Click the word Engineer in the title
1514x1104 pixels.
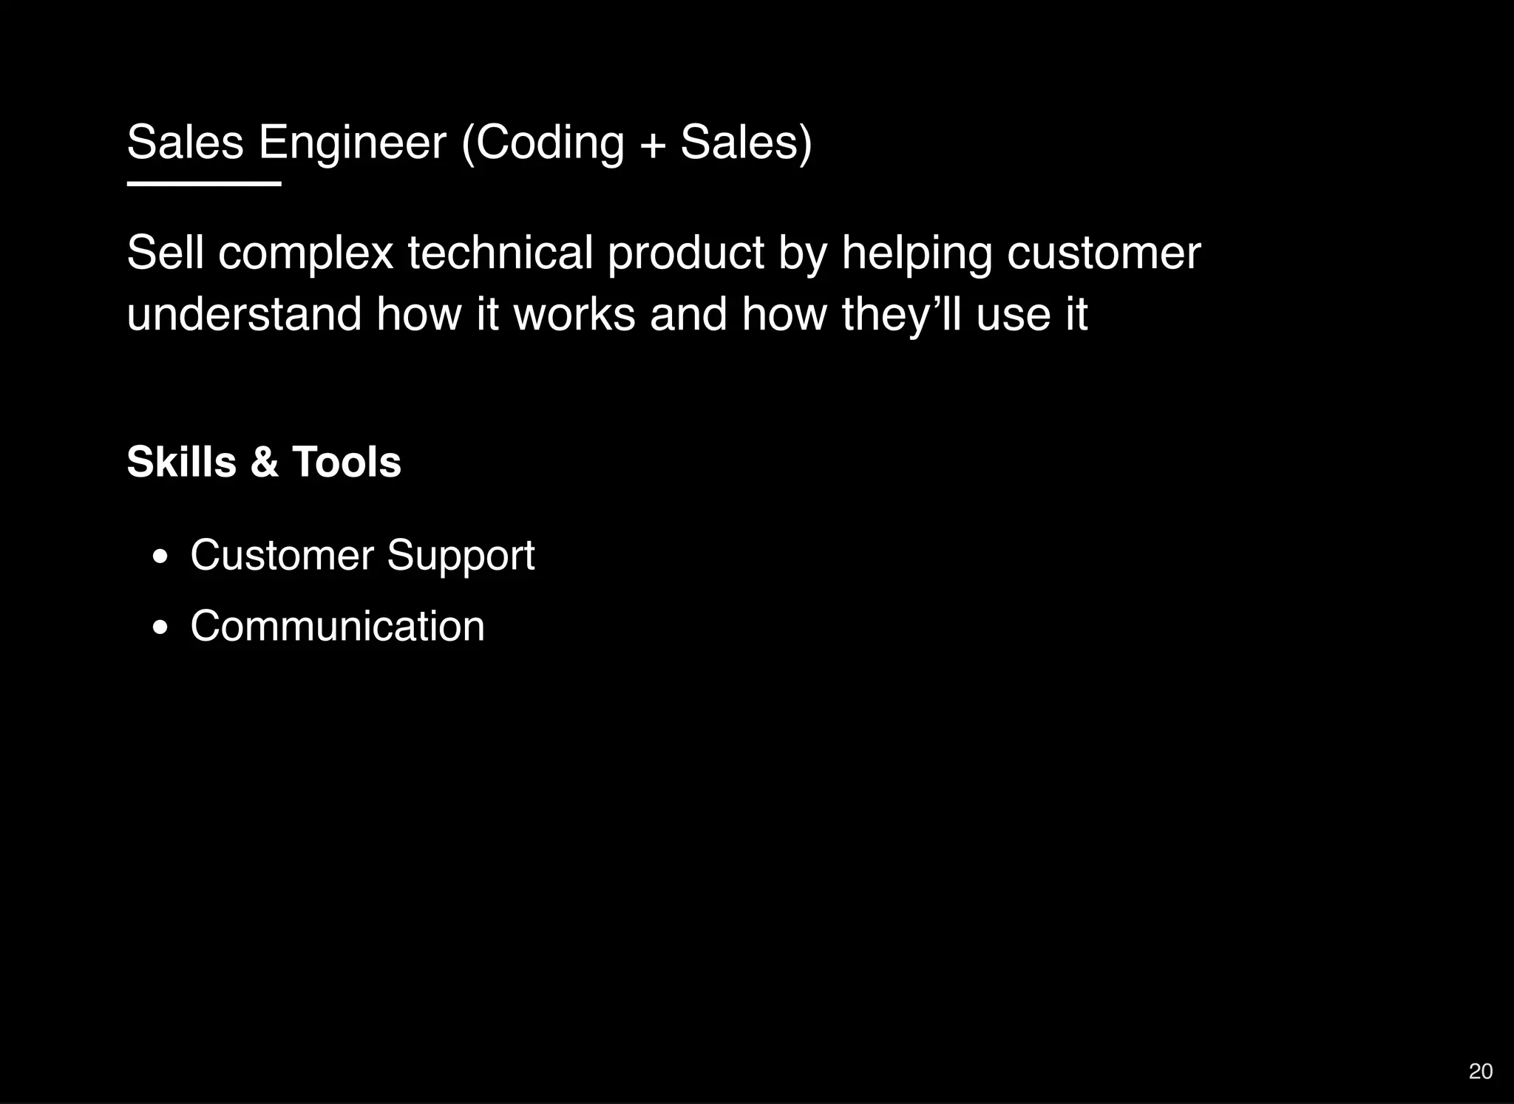pos(353,143)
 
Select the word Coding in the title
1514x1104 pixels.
pos(549,143)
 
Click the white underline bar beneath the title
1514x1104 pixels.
pos(204,183)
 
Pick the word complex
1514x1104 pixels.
pos(305,253)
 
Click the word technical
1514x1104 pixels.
pos(500,253)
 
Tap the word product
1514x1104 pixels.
pos(685,253)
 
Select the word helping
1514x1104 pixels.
pos(917,253)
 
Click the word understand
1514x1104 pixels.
pos(244,314)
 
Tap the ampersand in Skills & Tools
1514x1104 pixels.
pos(264,463)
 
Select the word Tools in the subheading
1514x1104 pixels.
pos(346,462)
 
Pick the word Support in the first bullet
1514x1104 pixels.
pos(461,556)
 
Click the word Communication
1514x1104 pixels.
pos(337,626)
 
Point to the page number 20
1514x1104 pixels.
pos(1480,1071)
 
